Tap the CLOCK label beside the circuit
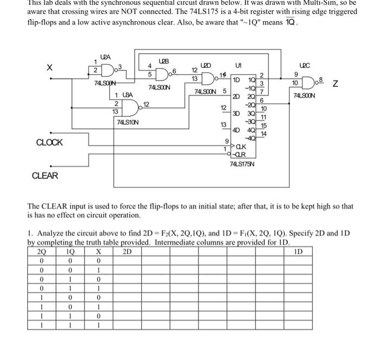pos(49,143)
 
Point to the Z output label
pos(335,84)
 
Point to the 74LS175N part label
pos(243,164)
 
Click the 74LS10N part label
pos(128,122)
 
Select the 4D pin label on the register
pos(236,130)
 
